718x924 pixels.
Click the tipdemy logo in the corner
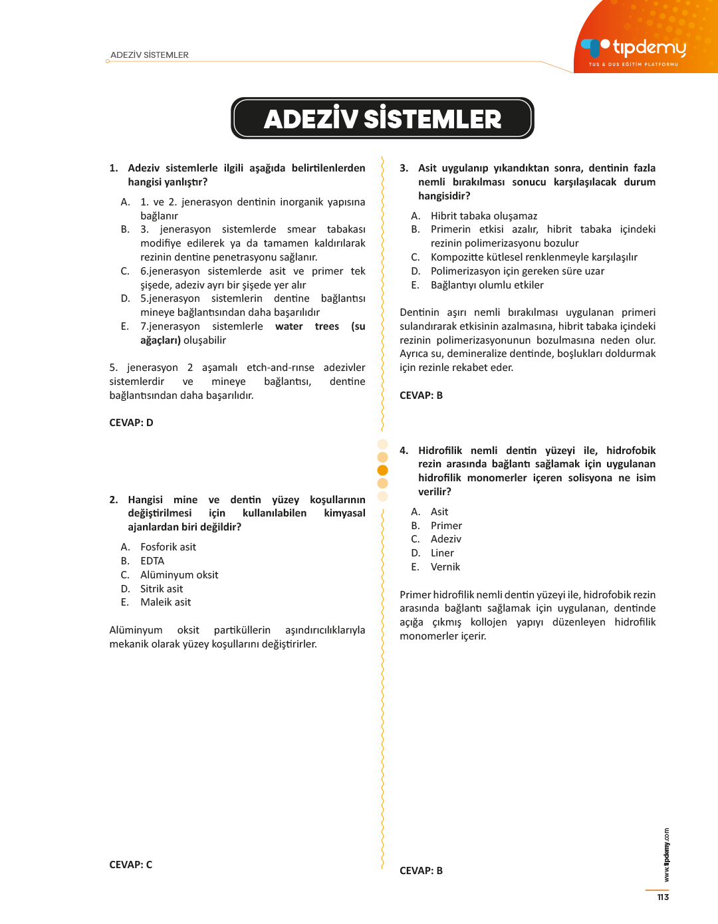(633, 49)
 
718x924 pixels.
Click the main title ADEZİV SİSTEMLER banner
(382, 119)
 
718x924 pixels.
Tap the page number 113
(663, 897)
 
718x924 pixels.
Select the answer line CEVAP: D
(131, 423)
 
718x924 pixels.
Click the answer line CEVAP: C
(130, 865)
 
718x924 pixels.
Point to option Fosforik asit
(168, 547)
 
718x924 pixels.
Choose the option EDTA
(152, 561)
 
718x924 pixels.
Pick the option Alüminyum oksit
(179, 575)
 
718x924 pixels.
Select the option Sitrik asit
(162, 589)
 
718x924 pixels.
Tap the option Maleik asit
(166, 602)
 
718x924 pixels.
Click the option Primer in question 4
(446, 526)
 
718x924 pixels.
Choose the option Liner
(442, 553)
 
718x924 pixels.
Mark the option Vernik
(445, 567)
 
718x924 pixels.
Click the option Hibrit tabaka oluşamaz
(484, 216)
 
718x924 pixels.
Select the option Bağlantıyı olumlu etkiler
(487, 285)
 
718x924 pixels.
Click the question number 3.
(404, 168)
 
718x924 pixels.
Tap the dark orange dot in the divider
(382, 470)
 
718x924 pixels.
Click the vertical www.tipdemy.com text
(666, 855)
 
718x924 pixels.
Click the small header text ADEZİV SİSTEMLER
(150, 55)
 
